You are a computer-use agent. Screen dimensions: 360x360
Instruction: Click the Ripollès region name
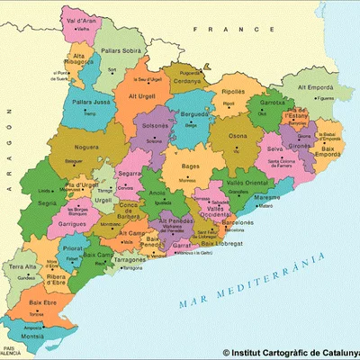pyautogui.click(x=233, y=92)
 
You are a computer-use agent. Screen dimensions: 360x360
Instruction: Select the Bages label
pyautogui.click(x=190, y=166)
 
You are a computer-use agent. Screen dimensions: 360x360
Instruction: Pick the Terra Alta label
pyautogui.click(x=24, y=267)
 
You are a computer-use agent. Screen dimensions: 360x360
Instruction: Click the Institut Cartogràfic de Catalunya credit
pyautogui.click(x=289, y=353)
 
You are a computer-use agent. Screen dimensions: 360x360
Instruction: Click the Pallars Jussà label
pyautogui.click(x=87, y=103)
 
